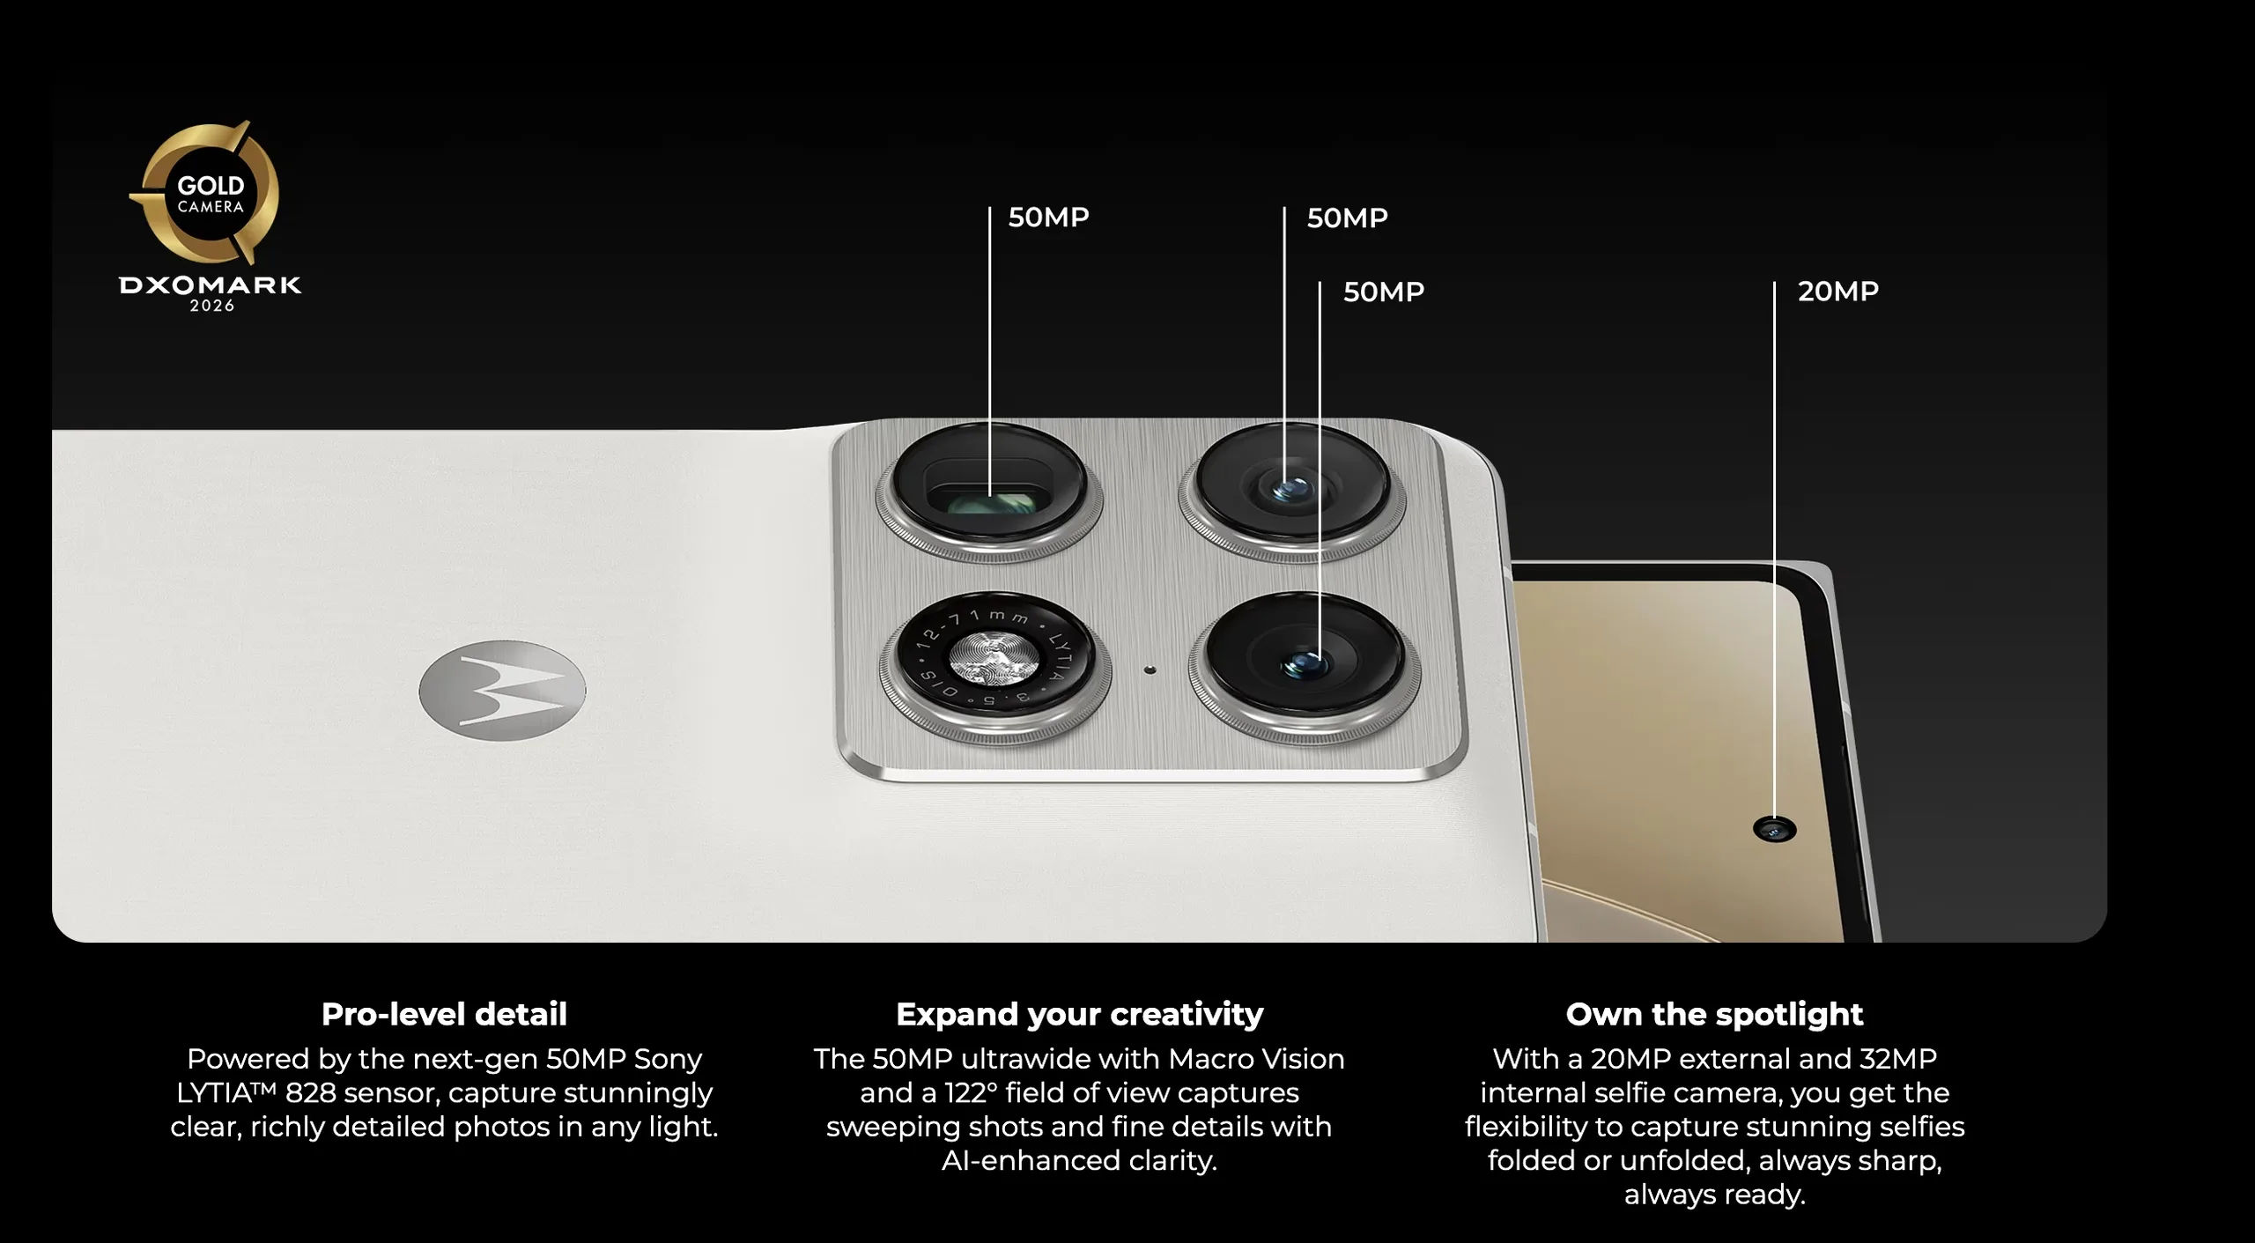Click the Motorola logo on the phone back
(502, 690)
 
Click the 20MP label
(1837, 291)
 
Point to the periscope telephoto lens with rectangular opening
(988, 491)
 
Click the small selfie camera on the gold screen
(1774, 830)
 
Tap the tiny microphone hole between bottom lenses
(1150, 670)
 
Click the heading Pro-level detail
(444, 1014)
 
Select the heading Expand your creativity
(1079, 1014)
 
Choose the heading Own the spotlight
(1714, 1014)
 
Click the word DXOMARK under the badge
(210, 285)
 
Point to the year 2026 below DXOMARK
(212, 306)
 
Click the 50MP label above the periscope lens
(1048, 217)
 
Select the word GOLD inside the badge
(211, 186)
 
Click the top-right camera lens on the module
(1291, 490)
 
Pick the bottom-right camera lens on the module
(1305, 666)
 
